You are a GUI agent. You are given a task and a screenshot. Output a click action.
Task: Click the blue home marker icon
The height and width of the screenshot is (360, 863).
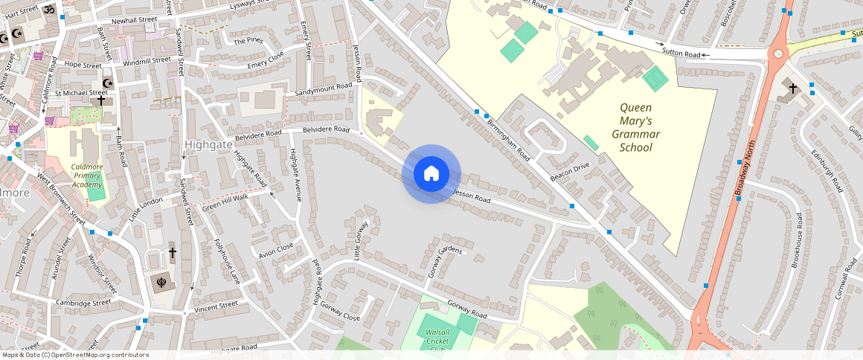point(431,174)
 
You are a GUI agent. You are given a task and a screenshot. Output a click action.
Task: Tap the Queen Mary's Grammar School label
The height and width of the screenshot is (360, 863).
point(635,127)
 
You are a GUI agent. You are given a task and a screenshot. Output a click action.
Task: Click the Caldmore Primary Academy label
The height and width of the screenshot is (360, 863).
point(86,176)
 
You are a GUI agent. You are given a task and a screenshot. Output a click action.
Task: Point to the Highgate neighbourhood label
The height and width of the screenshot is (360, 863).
point(208,144)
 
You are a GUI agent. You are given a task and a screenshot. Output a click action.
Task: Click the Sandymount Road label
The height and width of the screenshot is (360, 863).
point(323,88)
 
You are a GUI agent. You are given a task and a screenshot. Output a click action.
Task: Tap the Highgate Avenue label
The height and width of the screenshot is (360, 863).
point(294,176)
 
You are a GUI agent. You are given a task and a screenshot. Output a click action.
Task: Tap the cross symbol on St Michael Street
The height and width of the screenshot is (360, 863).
point(100,100)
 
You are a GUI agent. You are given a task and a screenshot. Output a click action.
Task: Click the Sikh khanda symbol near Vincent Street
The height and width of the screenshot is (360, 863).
point(158,282)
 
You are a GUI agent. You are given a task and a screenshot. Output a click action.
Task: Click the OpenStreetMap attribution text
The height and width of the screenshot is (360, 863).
point(74,355)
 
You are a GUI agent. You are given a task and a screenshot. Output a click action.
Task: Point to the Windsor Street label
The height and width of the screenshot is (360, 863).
point(103,274)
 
